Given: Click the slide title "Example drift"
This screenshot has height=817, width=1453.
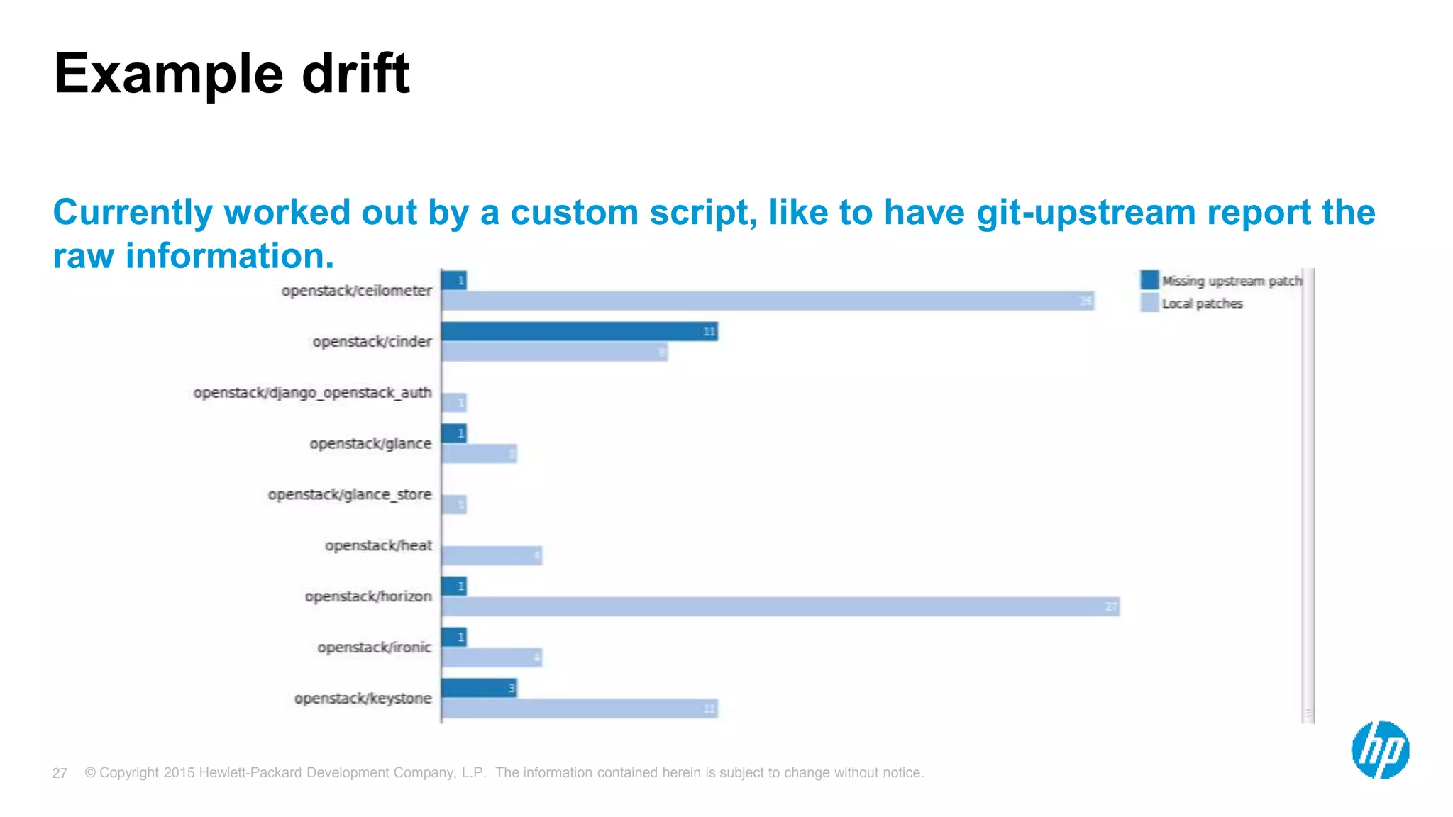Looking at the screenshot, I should (x=231, y=74).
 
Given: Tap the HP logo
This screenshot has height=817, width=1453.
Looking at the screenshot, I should (x=1380, y=750).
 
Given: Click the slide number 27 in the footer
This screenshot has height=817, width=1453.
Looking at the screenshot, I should (x=60, y=773).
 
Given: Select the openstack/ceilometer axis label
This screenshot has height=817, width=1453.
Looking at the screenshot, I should (x=356, y=291).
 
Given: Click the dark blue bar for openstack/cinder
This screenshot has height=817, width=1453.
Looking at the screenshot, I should (x=579, y=331).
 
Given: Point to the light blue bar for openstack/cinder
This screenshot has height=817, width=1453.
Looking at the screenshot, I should (x=554, y=352).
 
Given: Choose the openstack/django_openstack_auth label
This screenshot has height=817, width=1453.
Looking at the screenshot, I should (x=312, y=393).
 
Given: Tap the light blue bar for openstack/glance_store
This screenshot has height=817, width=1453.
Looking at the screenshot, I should (x=454, y=505).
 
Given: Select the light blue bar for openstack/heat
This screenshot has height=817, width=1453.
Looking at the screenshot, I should (x=492, y=556).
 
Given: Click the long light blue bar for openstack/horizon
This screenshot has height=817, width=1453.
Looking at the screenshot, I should (x=780, y=607).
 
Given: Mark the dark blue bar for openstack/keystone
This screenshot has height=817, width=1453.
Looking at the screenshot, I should (x=479, y=688).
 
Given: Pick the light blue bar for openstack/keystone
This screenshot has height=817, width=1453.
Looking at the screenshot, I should (x=579, y=708).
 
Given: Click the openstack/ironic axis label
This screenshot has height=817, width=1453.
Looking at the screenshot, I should (x=374, y=648).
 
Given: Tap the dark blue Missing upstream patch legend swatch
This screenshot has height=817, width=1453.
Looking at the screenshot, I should (x=1149, y=281).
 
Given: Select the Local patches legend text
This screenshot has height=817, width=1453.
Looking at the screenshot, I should (x=1202, y=304).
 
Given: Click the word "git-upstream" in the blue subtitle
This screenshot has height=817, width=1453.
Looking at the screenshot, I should (x=1085, y=213).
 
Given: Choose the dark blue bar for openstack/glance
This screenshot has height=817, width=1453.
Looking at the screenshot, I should (x=454, y=433).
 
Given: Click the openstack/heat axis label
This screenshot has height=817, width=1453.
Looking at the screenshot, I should (x=378, y=545).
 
